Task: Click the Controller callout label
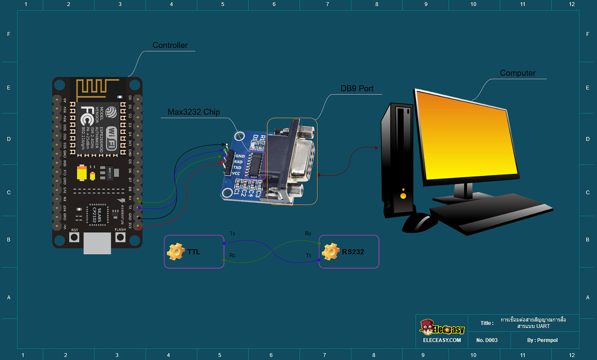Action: pyautogui.click(x=170, y=45)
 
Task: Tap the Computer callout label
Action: pyautogui.click(x=517, y=73)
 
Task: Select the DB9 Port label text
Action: pyautogui.click(x=357, y=89)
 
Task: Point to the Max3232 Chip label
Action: pyautogui.click(x=194, y=112)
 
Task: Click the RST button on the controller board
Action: pyautogui.click(x=75, y=237)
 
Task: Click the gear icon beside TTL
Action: pyautogui.click(x=176, y=252)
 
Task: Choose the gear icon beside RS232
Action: pyautogui.click(x=331, y=252)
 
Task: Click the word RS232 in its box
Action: pyautogui.click(x=353, y=252)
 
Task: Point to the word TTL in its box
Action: pyautogui.click(x=194, y=252)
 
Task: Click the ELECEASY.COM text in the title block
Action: pyautogui.click(x=442, y=340)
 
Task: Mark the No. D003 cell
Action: pyautogui.click(x=487, y=340)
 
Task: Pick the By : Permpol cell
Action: pyautogui.click(x=542, y=340)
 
